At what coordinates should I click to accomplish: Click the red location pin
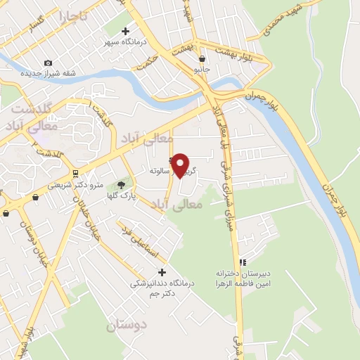coord(181,165)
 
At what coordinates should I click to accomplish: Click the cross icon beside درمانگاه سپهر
coord(125,32)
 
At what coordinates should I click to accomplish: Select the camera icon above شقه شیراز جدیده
coord(48,63)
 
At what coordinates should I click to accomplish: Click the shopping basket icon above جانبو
coord(202,59)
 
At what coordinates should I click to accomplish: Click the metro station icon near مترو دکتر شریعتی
coord(75,173)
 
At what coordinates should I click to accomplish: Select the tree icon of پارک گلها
coord(121,184)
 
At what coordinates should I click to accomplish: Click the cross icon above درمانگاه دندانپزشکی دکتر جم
coord(162,272)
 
